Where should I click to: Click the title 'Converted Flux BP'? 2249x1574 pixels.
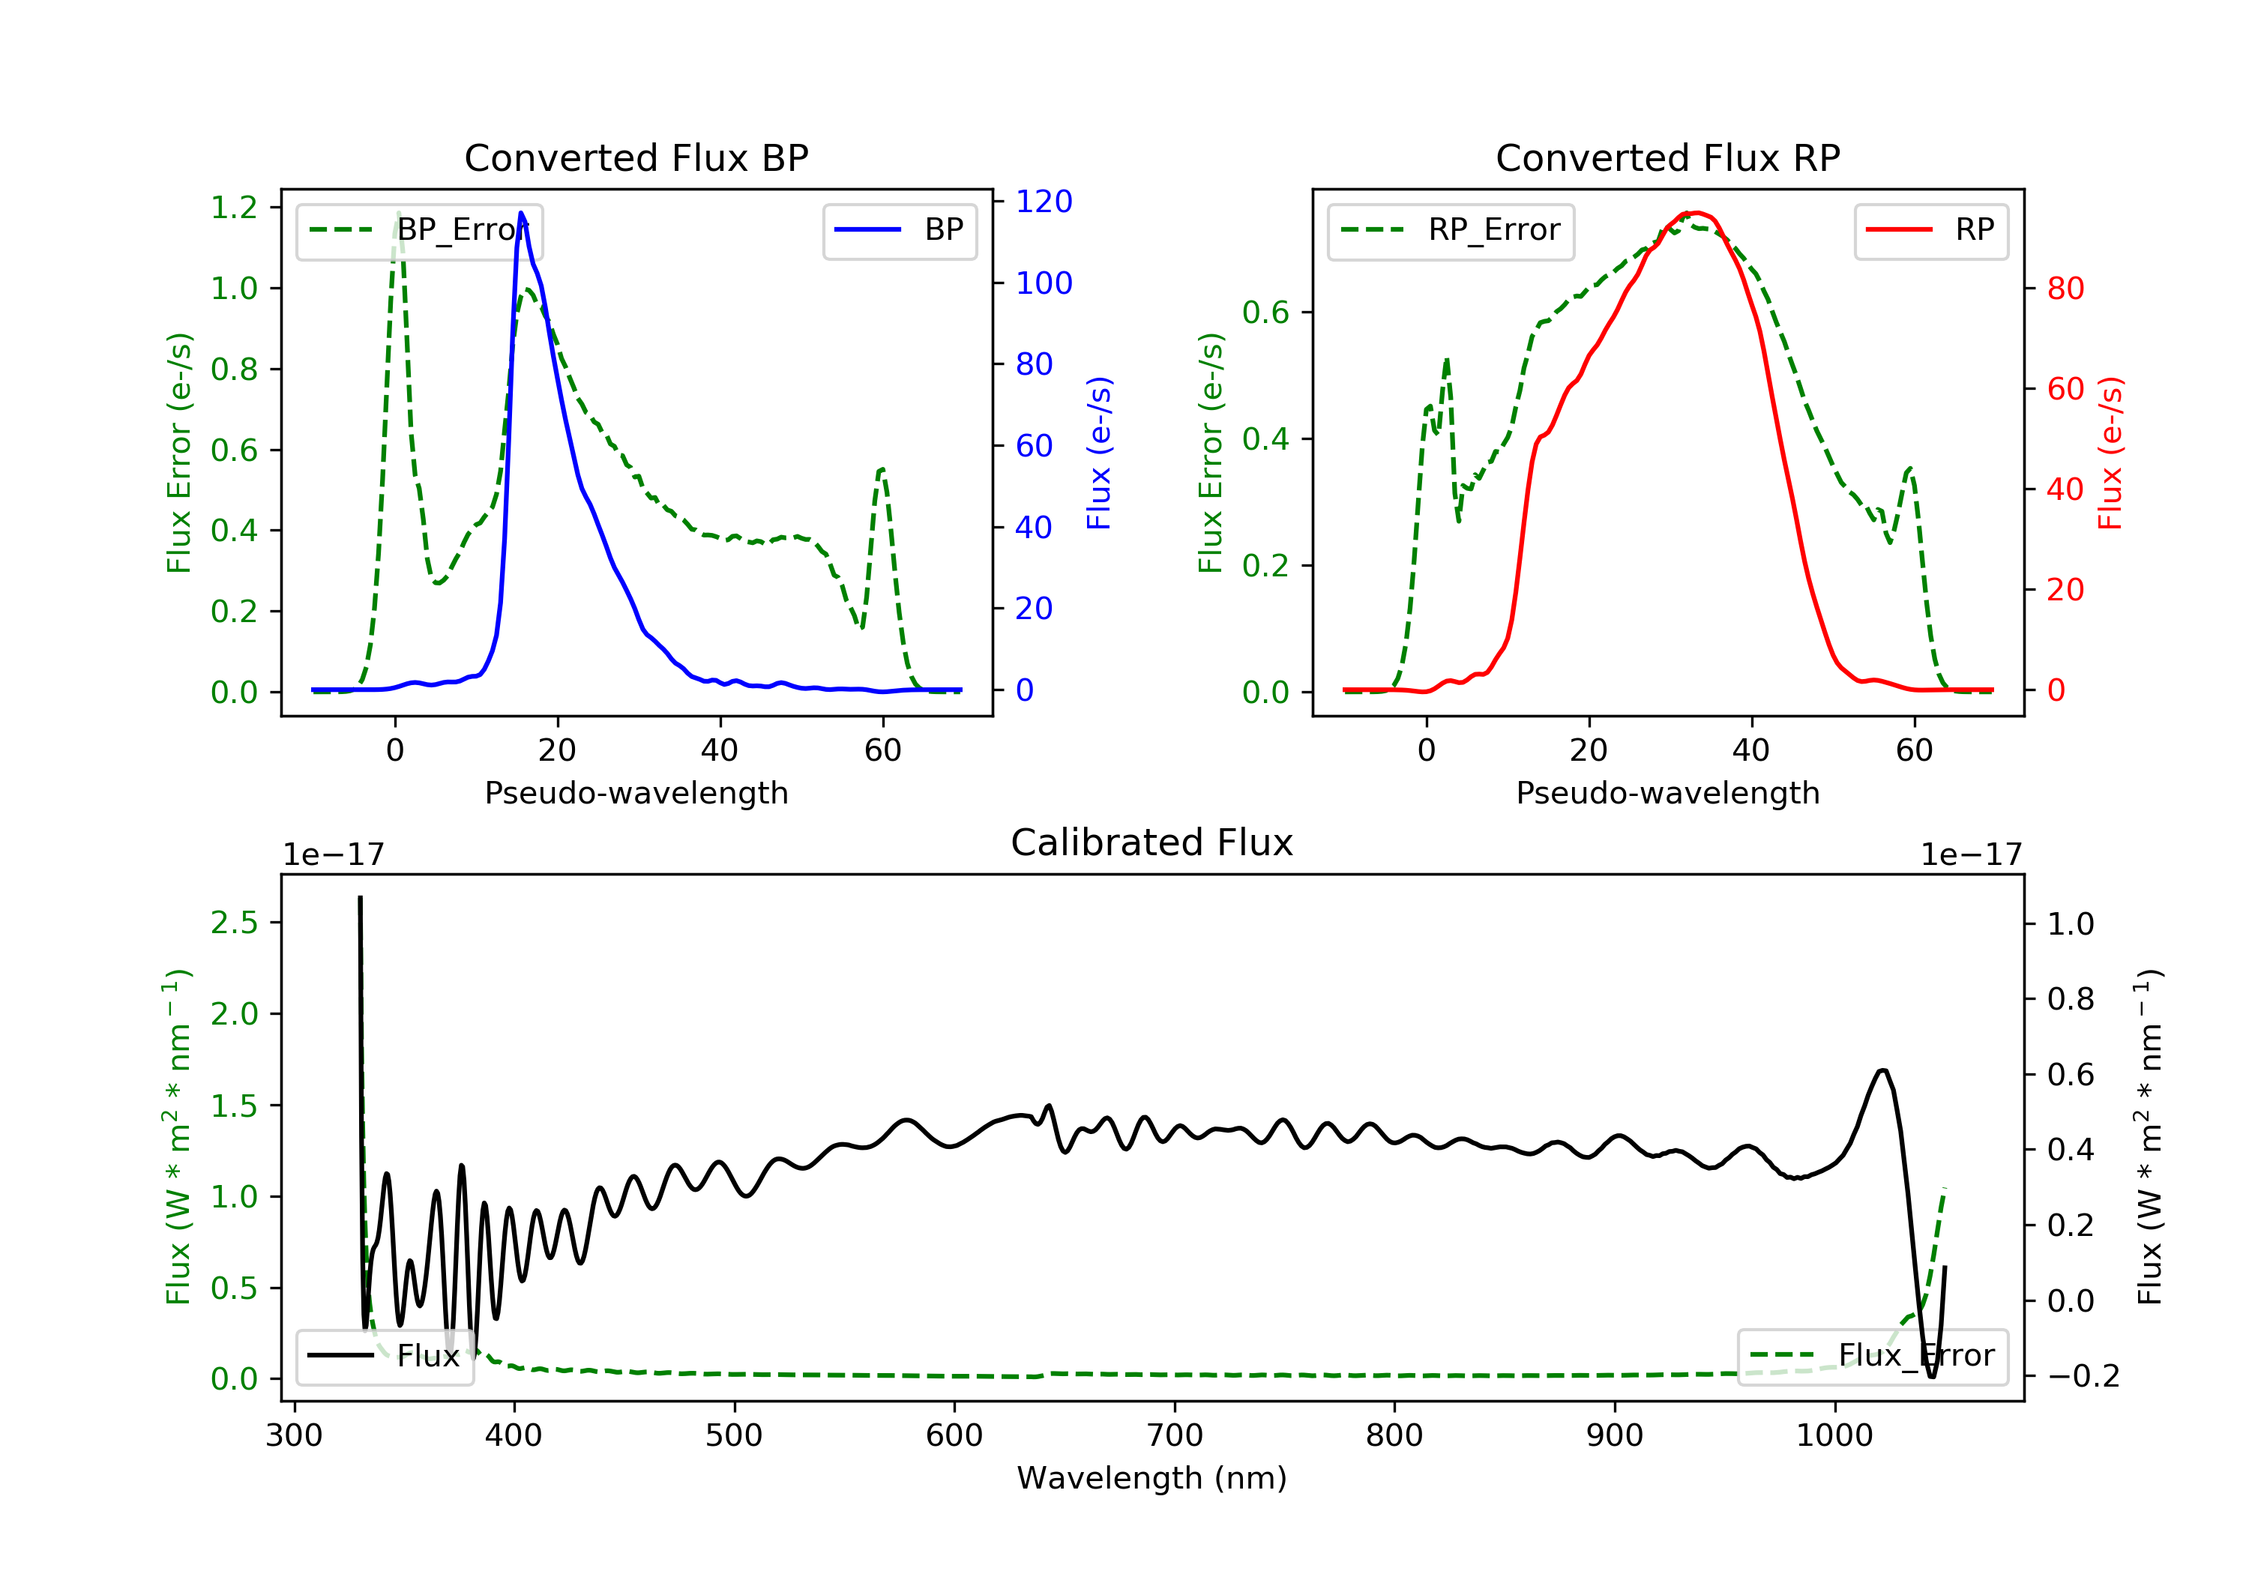(636, 157)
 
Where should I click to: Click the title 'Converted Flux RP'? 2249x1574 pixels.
(1667, 157)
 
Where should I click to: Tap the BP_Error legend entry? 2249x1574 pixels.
(419, 231)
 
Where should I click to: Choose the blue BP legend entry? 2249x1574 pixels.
(899, 231)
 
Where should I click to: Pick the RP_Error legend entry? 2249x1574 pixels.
(1451, 231)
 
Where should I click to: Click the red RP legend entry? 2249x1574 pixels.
(1930, 231)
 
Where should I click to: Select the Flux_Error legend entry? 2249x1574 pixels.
(1872, 1356)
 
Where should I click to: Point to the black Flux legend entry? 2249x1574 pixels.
(385, 1356)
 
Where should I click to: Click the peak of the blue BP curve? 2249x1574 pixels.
(521, 213)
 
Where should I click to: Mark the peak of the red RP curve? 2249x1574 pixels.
(1696, 213)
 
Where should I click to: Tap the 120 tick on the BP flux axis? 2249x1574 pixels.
(1044, 202)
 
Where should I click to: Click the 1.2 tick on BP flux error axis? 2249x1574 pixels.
(234, 208)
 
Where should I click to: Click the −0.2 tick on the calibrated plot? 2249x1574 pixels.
(2083, 1376)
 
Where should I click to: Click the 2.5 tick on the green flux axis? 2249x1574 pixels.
(234, 923)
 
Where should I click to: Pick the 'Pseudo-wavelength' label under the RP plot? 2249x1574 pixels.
(1667, 792)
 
